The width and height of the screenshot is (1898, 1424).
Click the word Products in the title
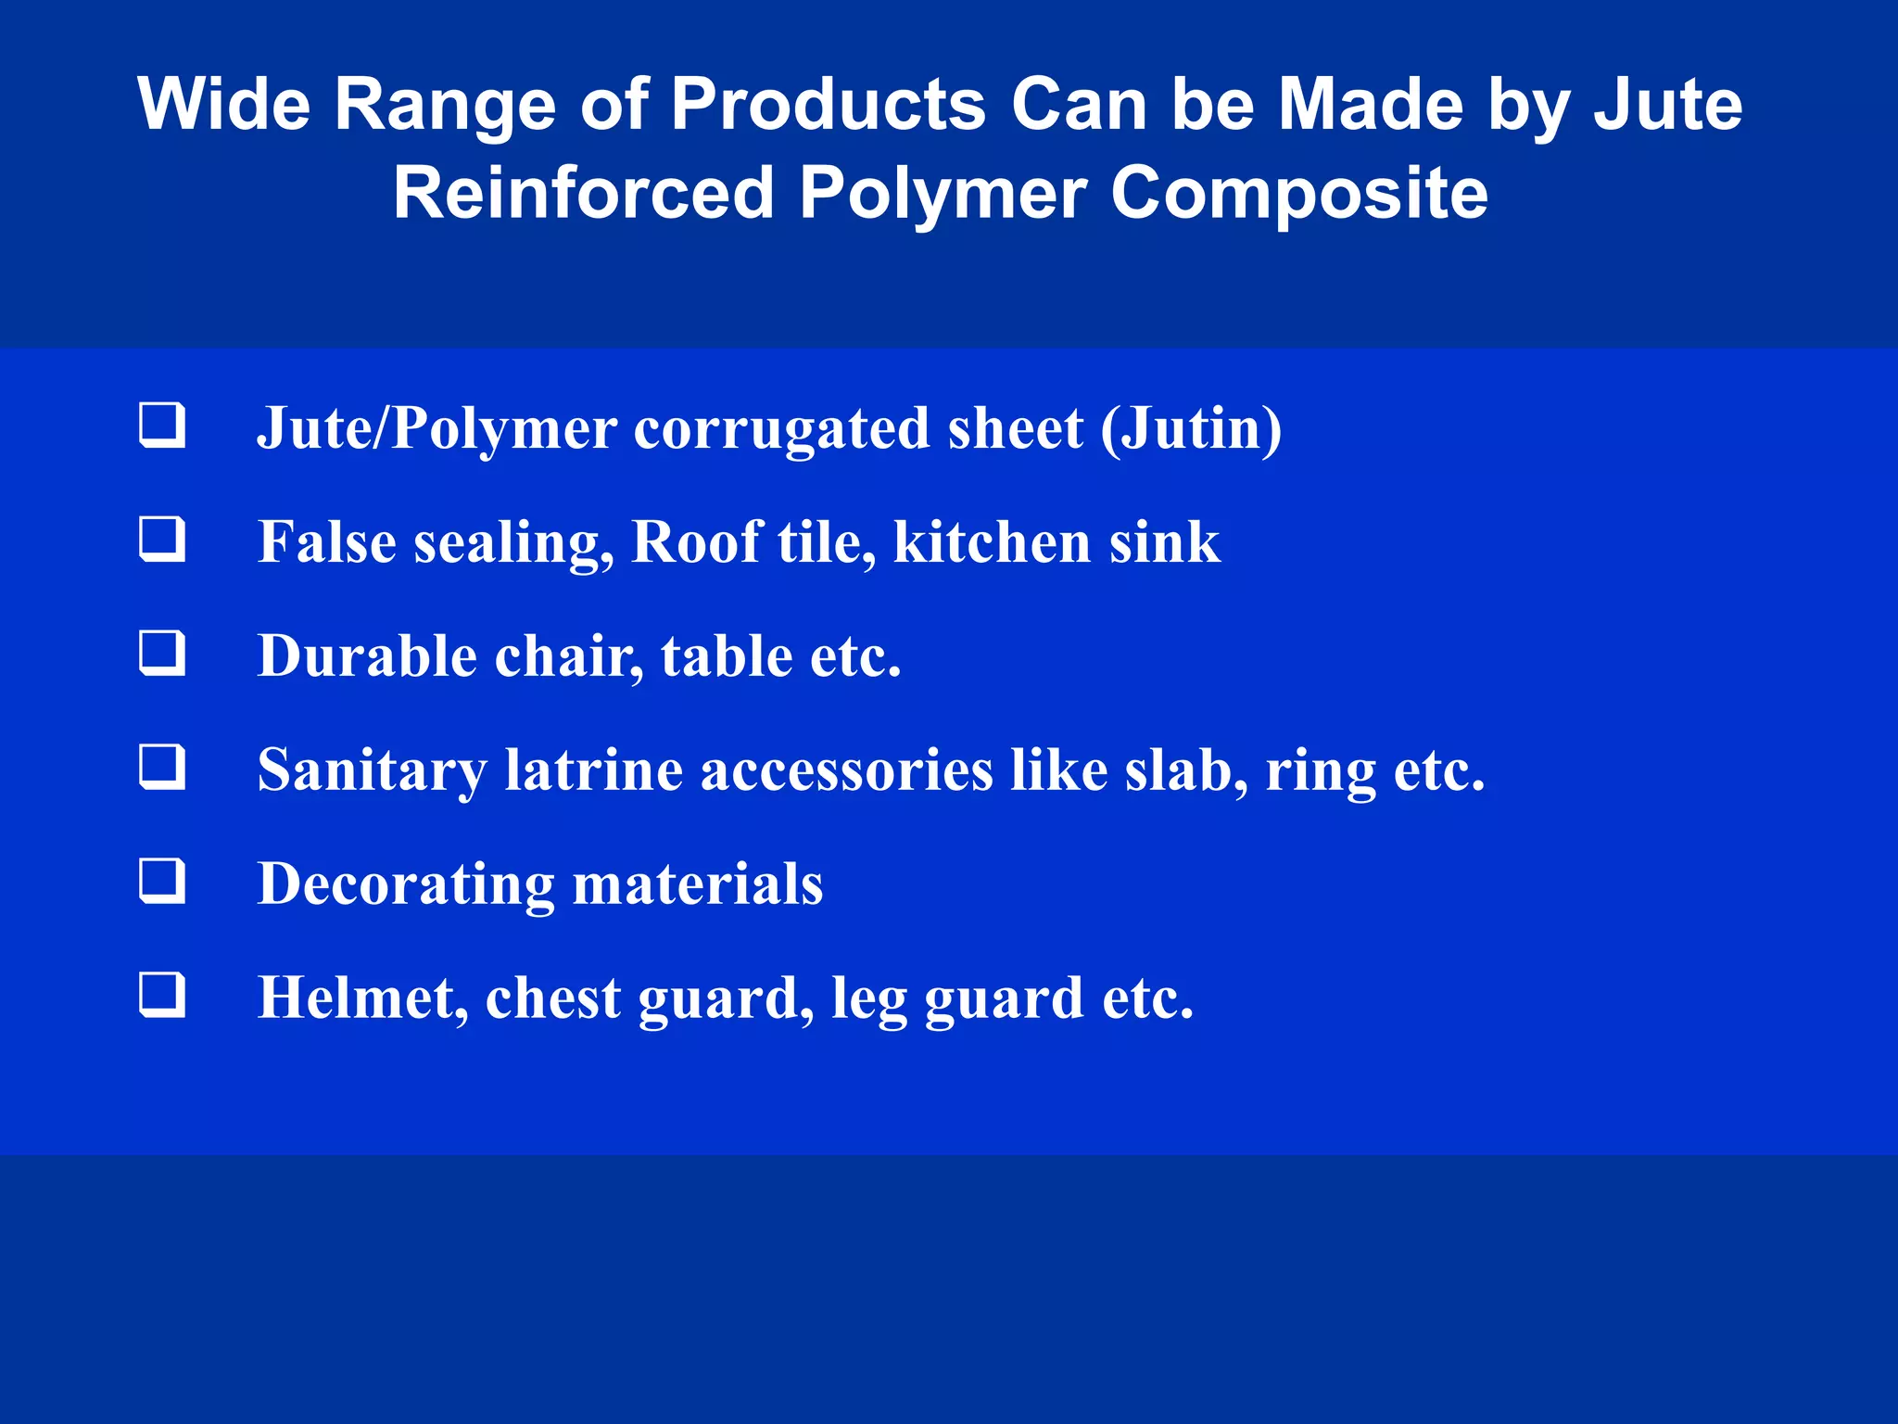point(829,104)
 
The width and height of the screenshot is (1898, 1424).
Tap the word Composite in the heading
point(1299,193)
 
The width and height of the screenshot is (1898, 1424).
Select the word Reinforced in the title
point(584,193)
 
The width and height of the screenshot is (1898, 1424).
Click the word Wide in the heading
point(223,104)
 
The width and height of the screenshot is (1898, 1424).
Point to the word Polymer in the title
point(943,195)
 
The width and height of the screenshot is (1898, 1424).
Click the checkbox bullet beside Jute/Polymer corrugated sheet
point(162,426)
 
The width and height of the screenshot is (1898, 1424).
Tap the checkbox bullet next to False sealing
point(162,540)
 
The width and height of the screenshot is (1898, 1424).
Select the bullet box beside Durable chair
point(162,653)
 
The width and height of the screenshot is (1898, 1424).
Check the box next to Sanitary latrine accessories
point(162,767)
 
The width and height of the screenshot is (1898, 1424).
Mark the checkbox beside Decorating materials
point(162,881)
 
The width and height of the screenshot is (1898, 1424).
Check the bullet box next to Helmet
point(162,995)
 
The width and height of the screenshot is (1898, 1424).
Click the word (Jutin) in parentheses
point(1191,429)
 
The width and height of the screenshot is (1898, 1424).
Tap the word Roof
point(696,541)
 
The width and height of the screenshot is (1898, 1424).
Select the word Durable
point(367,656)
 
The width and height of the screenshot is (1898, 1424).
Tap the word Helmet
point(362,998)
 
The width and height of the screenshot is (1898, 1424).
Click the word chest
point(552,998)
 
